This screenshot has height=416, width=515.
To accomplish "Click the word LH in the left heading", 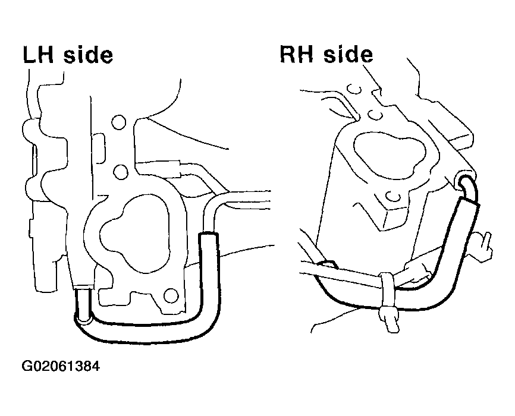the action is (x=38, y=55).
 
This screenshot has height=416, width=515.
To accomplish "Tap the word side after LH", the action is (x=88, y=55).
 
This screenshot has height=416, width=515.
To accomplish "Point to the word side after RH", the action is (x=348, y=54).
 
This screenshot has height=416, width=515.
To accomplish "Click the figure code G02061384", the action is (x=61, y=365).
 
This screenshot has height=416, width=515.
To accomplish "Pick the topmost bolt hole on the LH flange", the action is (x=118, y=122).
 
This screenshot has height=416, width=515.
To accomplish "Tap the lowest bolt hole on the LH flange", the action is (x=171, y=295).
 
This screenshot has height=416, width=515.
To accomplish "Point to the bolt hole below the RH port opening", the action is (x=393, y=196).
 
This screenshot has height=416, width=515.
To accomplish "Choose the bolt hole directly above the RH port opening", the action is (x=375, y=115).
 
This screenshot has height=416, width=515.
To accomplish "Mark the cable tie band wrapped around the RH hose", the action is (x=387, y=291).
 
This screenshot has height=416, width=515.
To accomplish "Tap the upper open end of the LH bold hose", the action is (x=209, y=234).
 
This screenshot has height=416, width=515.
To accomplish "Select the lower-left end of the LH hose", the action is (x=82, y=318).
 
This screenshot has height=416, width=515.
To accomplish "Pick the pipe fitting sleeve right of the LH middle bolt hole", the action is (x=174, y=168).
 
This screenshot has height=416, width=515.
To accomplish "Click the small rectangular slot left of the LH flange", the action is (x=99, y=148).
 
